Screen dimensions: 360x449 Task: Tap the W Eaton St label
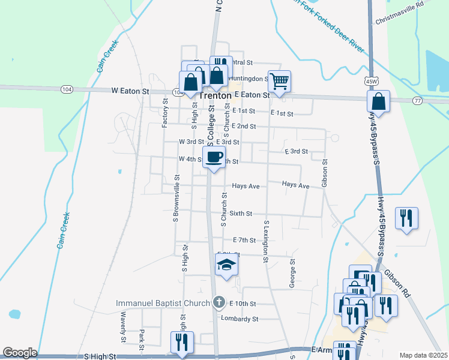[130, 91]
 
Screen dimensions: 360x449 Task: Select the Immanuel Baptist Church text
[163, 304]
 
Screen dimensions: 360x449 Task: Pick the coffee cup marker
[214, 157]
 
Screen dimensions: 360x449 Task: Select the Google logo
[20, 353]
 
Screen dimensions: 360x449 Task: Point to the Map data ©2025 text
[423, 355]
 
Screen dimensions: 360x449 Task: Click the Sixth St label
[241, 213]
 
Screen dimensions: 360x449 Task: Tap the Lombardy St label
[240, 319]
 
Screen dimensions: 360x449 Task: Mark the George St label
[293, 274]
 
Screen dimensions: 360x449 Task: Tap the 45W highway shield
[371, 80]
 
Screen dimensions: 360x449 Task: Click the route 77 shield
[417, 101]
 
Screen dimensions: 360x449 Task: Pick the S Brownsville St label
[176, 199]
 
